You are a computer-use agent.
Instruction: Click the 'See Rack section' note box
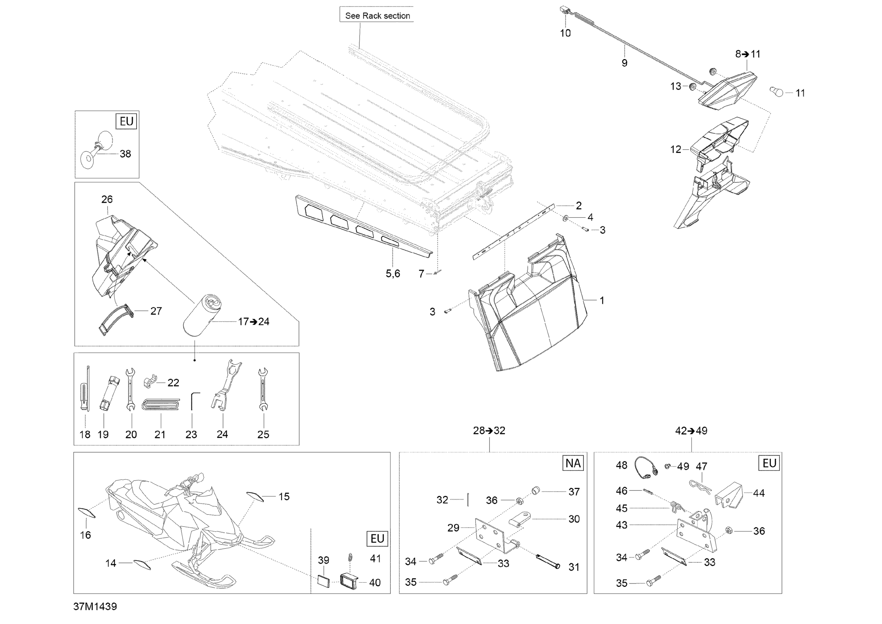[x=377, y=15]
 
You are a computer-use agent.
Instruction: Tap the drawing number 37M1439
[x=95, y=606]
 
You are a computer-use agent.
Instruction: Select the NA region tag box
[x=573, y=463]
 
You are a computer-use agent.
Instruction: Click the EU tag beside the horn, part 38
[x=126, y=121]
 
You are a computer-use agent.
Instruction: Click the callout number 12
[x=675, y=149]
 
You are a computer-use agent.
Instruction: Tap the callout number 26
[x=107, y=199]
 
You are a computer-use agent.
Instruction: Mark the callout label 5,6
[x=392, y=273]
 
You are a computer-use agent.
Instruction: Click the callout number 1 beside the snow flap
[x=602, y=301]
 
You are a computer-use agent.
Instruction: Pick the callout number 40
[x=375, y=583]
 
